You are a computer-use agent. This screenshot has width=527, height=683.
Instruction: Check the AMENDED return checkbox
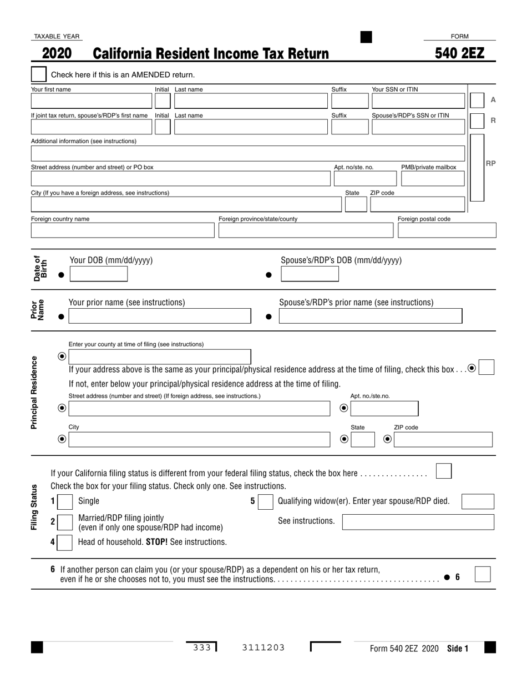pos(39,74)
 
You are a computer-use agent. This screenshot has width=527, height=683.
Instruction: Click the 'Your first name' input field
pos(91,101)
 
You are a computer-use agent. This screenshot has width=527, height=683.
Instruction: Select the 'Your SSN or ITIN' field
pos(418,101)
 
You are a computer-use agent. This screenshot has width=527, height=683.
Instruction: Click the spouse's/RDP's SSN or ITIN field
pos(418,127)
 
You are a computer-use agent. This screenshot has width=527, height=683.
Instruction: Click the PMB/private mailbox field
pos(432,178)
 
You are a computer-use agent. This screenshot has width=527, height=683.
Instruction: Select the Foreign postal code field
pos(447,230)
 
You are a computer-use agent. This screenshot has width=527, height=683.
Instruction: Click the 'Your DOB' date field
pos(98,274)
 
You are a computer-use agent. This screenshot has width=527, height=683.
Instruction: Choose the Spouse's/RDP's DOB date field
pos(309,274)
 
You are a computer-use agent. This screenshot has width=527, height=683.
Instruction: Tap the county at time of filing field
pos(159,356)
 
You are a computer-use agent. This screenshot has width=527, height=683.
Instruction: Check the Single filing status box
pos(65,502)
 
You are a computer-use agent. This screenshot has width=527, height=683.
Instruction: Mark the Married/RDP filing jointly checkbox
pos(65,522)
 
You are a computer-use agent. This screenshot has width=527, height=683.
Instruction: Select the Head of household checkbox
pos(65,542)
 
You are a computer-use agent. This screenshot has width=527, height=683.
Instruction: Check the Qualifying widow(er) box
pos(266,502)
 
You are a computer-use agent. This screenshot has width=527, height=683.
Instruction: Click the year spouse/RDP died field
pos(477,502)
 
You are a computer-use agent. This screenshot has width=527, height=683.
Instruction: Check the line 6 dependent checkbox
pos(483,574)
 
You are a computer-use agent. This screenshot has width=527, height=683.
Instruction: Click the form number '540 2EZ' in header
pos(459,53)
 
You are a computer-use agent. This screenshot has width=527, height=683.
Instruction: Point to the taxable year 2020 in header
pos(57,53)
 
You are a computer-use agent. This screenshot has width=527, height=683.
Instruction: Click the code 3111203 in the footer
pos(263,647)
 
